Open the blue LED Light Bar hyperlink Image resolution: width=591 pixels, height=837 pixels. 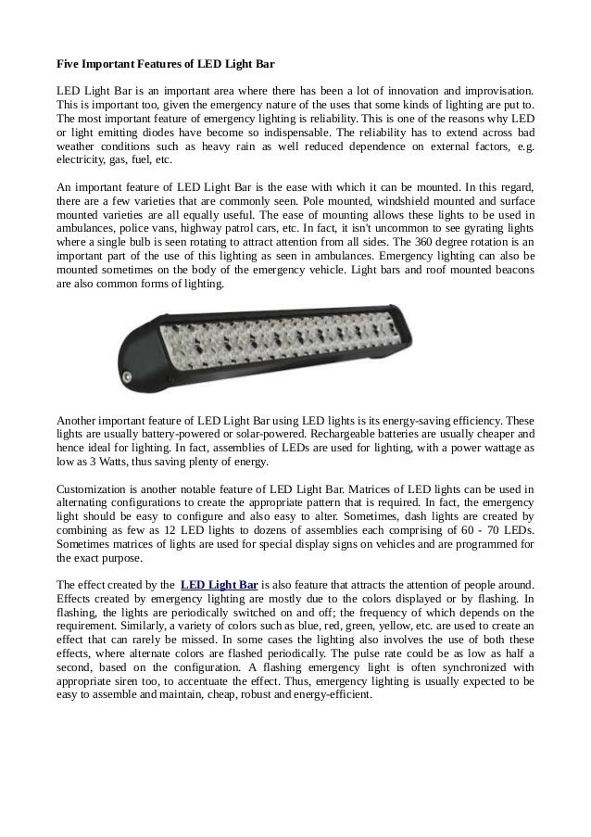[219, 585]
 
